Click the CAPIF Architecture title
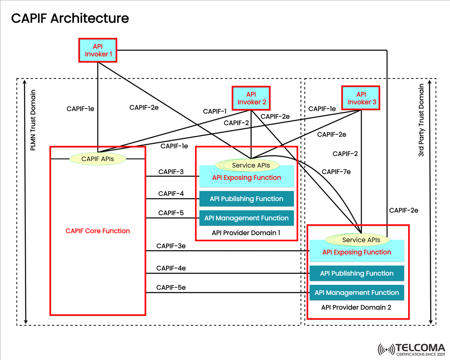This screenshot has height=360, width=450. coord(70,18)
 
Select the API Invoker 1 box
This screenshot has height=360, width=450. coord(98,50)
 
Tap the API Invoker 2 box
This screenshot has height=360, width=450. coord(251,98)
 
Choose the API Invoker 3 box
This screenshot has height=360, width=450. coord(361,98)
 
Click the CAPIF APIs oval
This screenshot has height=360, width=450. coord(97,159)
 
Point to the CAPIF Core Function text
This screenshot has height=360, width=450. coord(97,231)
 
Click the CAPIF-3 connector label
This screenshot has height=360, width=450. coord(171,172)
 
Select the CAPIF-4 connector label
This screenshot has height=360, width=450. coord(171,194)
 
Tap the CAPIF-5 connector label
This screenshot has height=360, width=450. coord(171,213)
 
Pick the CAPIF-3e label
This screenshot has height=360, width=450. coord(171,246)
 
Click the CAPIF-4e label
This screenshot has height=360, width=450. coord(171,268)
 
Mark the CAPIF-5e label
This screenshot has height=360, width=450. coord(171,288)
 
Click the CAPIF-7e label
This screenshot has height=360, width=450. coord(336,172)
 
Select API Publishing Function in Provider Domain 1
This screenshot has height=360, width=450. coord(246,199)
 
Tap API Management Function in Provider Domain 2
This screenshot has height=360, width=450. coord(356,293)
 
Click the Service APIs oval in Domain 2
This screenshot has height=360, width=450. coord(361,240)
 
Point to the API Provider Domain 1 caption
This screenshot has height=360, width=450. coord(246,233)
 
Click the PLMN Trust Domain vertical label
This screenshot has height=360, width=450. coord(33,120)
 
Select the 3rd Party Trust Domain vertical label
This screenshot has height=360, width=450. coord(421,120)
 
